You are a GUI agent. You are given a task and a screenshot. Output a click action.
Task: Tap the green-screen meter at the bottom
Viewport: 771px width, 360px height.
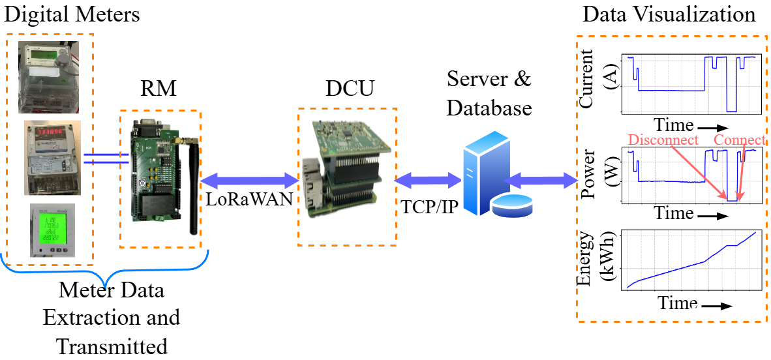pos(50,231)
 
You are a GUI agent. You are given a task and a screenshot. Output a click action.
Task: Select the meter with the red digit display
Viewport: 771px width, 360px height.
pos(52,157)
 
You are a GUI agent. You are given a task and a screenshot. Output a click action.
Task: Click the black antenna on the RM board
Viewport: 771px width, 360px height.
pos(192,189)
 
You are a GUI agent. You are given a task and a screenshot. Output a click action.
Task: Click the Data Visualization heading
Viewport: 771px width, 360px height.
pos(669,14)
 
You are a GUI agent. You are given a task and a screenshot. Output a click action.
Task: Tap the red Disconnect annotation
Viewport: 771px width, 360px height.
pos(663,141)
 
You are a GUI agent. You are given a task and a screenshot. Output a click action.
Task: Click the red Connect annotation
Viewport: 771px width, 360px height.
pos(740,141)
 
